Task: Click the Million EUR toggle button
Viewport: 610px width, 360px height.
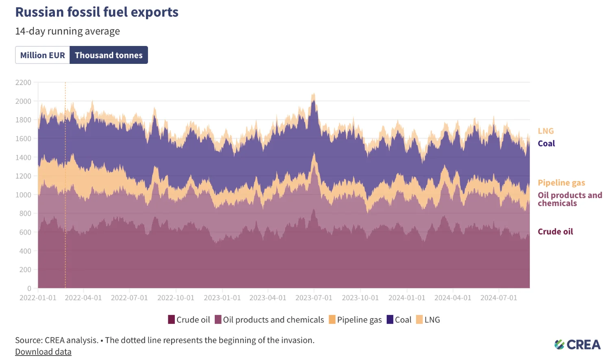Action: (x=43, y=55)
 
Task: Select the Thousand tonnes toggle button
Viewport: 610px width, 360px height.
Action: (x=109, y=55)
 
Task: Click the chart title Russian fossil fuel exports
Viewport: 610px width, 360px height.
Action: (x=97, y=12)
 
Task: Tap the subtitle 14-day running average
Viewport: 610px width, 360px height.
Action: (x=68, y=31)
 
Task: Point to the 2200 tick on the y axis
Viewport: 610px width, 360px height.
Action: (x=23, y=83)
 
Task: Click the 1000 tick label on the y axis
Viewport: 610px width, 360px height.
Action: (x=23, y=195)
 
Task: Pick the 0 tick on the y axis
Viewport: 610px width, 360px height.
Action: (x=29, y=288)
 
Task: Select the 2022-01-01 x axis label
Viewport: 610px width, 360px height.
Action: (x=38, y=298)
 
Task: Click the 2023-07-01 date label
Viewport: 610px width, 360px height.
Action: (x=314, y=298)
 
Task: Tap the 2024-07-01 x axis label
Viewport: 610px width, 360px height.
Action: (x=499, y=298)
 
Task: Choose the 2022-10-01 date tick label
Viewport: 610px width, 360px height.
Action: (x=176, y=298)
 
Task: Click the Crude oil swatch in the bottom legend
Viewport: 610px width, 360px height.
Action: (x=172, y=320)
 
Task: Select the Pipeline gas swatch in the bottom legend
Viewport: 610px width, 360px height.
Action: (x=332, y=320)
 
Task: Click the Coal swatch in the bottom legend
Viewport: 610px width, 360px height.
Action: (x=390, y=320)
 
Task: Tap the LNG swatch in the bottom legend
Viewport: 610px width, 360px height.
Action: (x=419, y=320)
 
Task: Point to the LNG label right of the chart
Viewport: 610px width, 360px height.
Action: (x=546, y=131)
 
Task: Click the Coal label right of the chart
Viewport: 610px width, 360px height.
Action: (x=546, y=144)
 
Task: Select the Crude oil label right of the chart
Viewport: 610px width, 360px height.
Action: (x=555, y=232)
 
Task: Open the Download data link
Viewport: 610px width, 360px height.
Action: (x=43, y=352)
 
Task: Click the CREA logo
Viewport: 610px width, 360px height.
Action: (x=577, y=345)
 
